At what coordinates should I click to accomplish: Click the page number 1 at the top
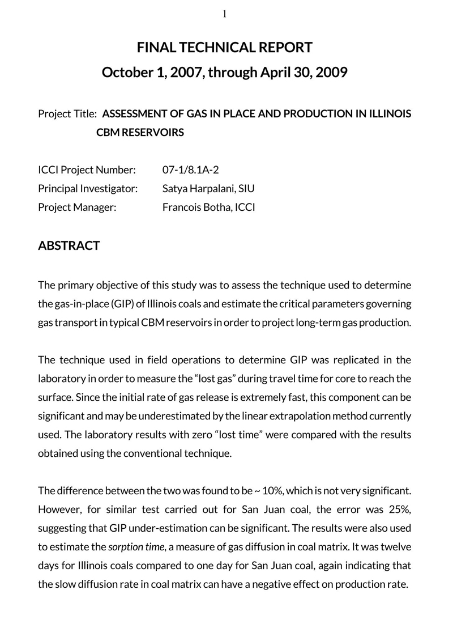point(225,14)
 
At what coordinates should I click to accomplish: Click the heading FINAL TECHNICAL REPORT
point(225,47)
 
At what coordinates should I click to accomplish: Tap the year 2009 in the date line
point(332,73)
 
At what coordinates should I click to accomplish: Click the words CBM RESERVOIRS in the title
point(140,133)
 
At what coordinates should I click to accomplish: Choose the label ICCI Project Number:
point(87,169)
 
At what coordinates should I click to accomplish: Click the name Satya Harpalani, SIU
point(204,188)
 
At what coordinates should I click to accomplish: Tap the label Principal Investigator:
point(88,188)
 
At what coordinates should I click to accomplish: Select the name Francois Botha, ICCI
point(208,207)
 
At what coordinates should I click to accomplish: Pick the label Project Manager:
point(77,207)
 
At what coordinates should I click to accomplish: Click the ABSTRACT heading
point(69,245)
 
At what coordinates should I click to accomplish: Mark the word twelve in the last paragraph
point(395,547)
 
